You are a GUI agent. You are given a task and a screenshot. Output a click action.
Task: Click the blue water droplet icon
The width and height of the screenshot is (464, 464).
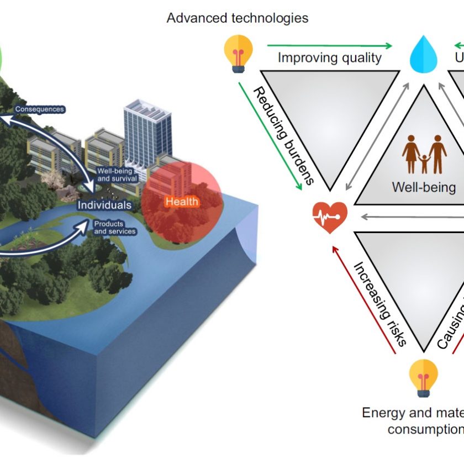pyautogui.click(x=424, y=55)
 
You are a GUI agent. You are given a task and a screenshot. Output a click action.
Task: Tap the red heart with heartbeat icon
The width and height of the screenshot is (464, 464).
pyautogui.click(x=330, y=216)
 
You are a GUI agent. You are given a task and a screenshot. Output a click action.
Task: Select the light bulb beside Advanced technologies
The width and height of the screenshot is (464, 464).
pyautogui.click(x=238, y=53)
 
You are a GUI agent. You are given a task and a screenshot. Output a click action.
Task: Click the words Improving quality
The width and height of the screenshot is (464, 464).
pyautogui.click(x=329, y=57)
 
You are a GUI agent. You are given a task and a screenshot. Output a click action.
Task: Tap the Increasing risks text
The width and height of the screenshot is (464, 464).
pyautogui.click(x=380, y=303)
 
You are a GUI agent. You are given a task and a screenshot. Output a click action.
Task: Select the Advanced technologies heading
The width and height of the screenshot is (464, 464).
pyautogui.click(x=238, y=18)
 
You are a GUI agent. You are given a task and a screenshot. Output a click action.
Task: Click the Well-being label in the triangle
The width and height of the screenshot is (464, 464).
pyautogui.click(x=424, y=187)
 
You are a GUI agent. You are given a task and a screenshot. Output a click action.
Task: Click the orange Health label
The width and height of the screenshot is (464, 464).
pyautogui.click(x=181, y=202)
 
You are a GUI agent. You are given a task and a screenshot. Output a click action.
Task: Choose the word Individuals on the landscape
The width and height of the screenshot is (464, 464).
pyautogui.click(x=104, y=205)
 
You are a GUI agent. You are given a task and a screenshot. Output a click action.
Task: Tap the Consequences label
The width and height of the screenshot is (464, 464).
pyautogui.click(x=40, y=109)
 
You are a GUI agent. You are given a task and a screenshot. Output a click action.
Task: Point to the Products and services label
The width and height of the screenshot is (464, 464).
pyautogui.click(x=115, y=228)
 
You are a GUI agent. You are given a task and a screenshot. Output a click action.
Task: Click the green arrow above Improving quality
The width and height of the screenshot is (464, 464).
pyautogui.click(x=329, y=46)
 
